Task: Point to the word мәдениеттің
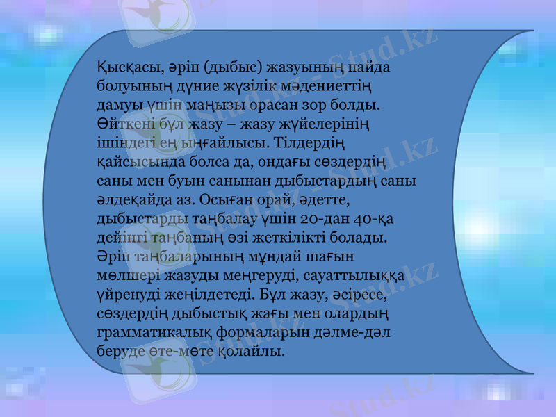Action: click(326, 88)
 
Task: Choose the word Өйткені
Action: click(123, 125)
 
